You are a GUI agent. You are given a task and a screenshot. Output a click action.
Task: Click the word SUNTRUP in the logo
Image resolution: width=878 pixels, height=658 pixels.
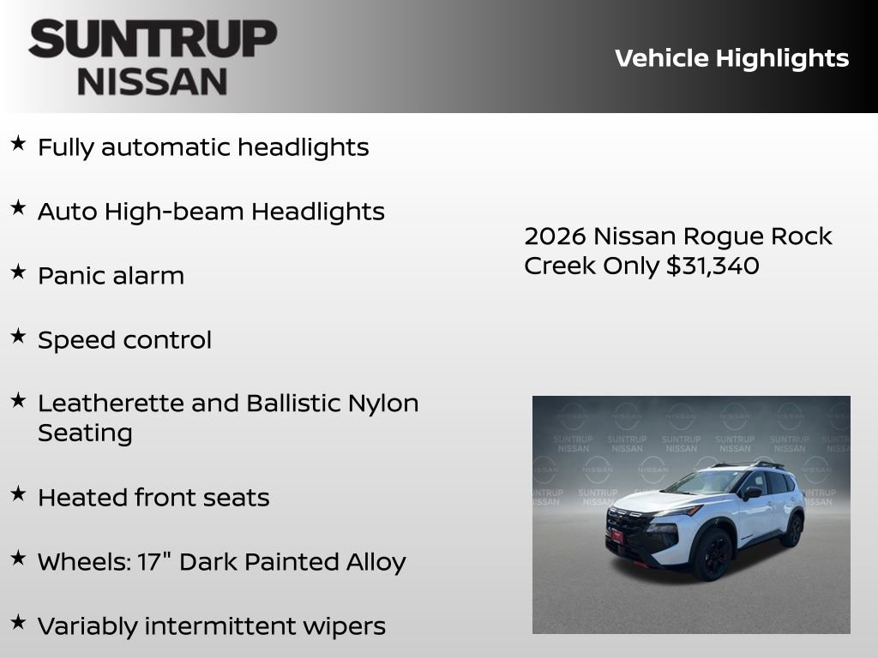pyautogui.click(x=153, y=39)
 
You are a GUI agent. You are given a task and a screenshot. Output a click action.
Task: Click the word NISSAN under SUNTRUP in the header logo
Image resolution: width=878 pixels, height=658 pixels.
pyautogui.click(x=153, y=81)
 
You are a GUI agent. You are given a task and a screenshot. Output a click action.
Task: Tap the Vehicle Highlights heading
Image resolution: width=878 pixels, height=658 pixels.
pyautogui.click(x=731, y=58)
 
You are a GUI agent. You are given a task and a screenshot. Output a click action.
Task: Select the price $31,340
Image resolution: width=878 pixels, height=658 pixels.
pyautogui.click(x=713, y=266)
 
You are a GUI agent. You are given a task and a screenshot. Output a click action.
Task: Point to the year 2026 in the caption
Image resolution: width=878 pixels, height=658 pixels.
pyautogui.click(x=555, y=236)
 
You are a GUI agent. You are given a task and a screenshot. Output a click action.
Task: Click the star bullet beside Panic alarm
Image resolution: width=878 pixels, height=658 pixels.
pyautogui.click(x=18, y=272)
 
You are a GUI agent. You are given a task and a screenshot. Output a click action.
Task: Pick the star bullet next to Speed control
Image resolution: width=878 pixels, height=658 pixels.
pyautogui.click(x=18, y=337)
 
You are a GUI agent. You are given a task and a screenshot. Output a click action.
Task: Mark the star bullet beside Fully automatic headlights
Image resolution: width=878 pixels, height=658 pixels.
pyautogui.click(x=18, y=144)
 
